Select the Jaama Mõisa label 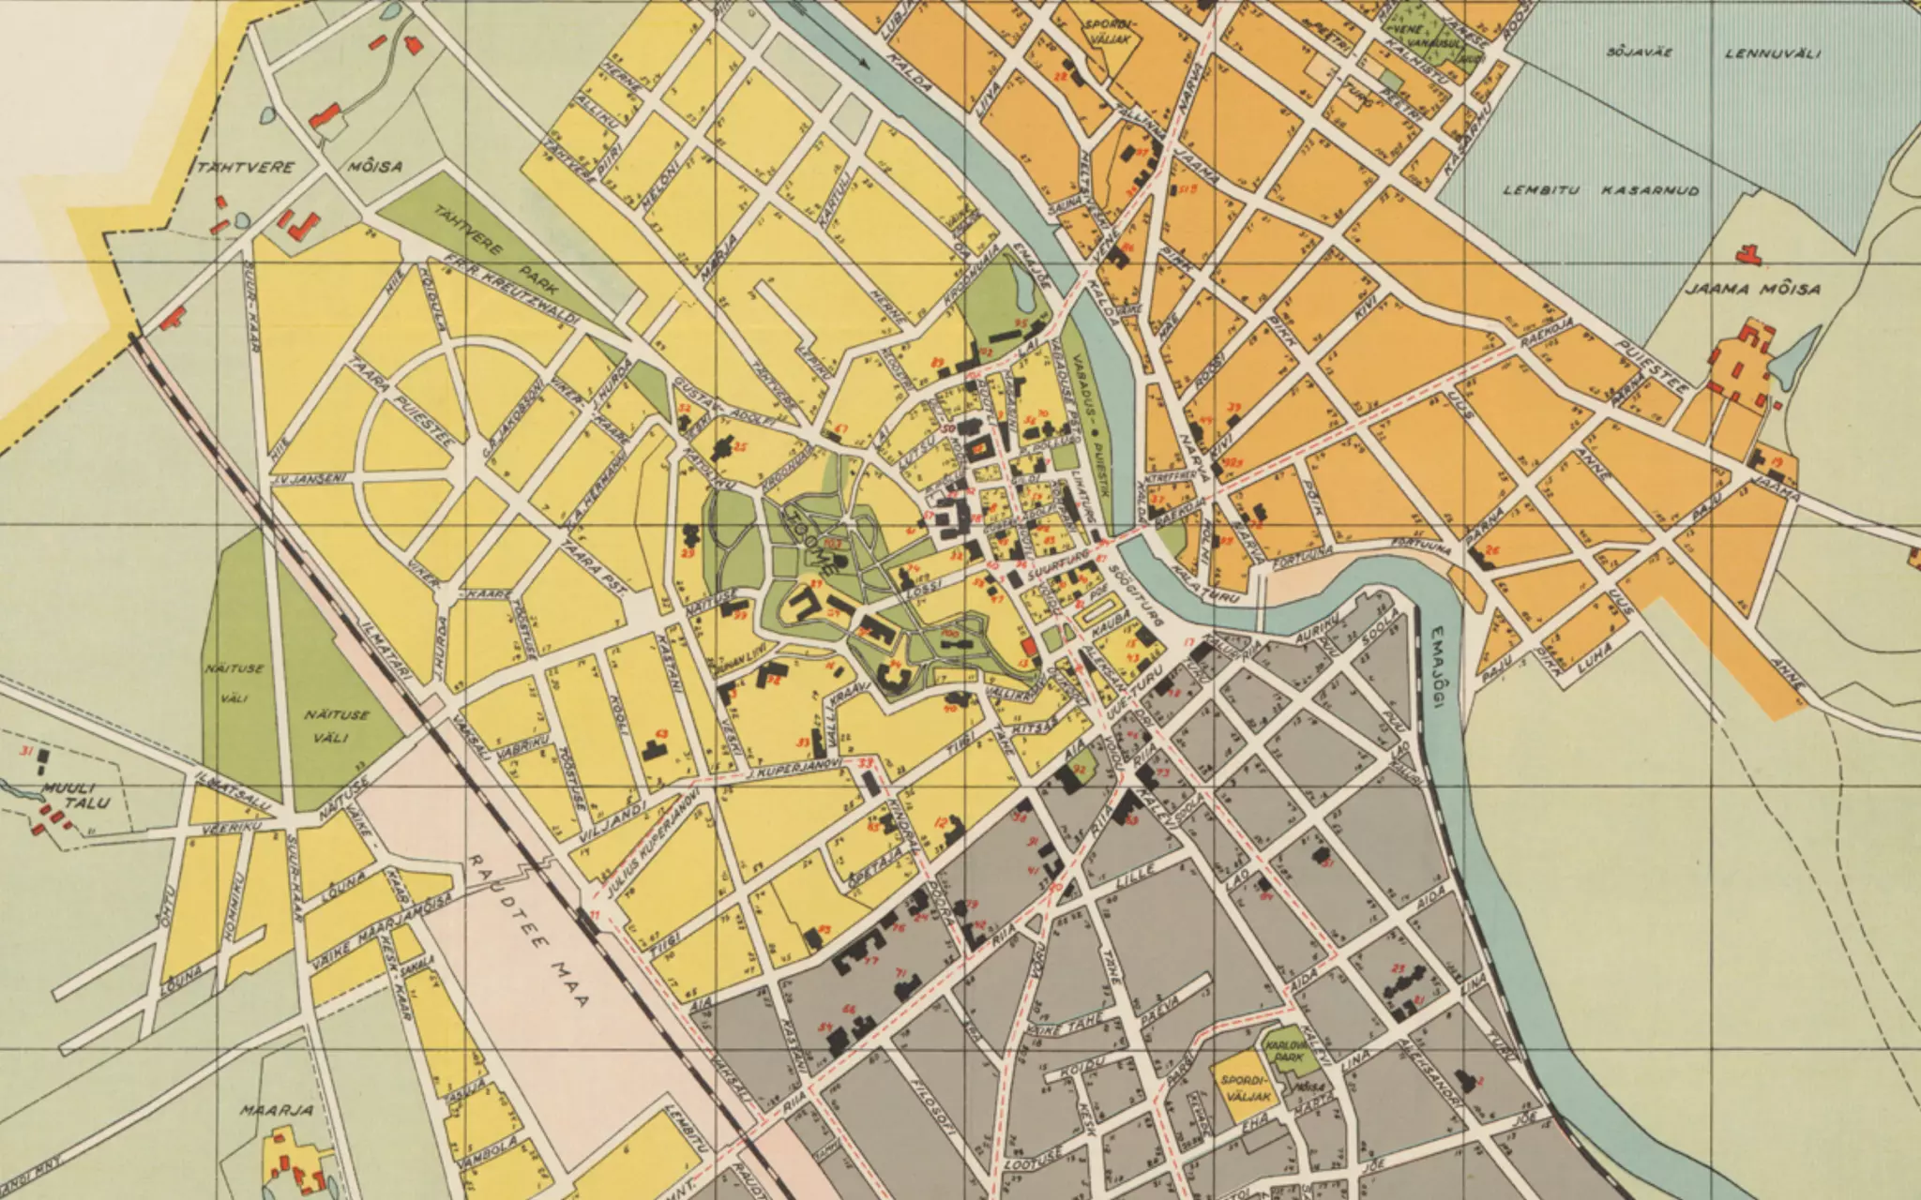[1752, 289]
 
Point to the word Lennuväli [1773, 53]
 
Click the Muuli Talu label [75, 795]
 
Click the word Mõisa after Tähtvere [374, 167]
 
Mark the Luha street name [1596, 658]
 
